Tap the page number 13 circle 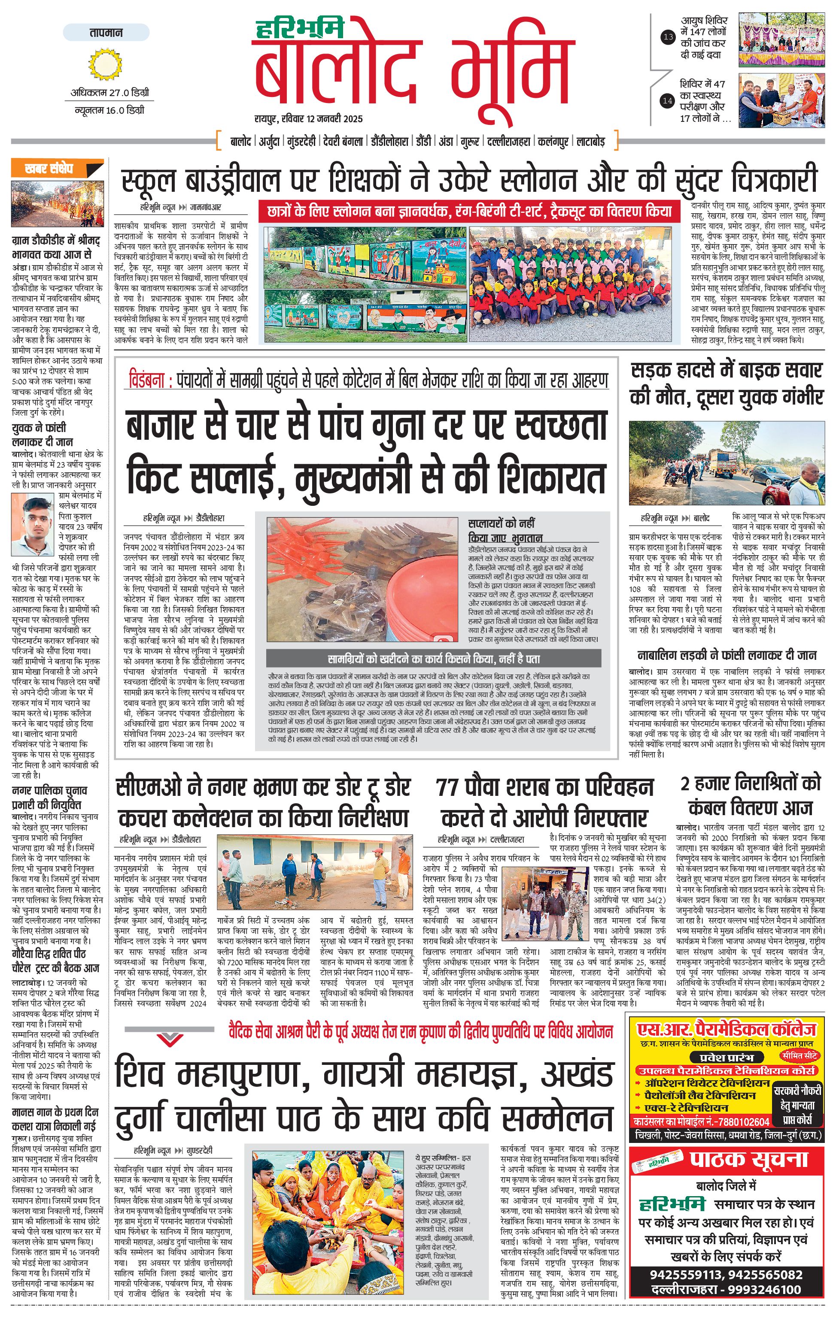click(x=668, y=37)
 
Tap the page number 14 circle click(x=668, y=100)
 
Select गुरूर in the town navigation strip click(x=470, y=142)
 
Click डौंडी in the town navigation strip click(x=423, y=142)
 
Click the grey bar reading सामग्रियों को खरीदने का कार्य click(x=433, y=659)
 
